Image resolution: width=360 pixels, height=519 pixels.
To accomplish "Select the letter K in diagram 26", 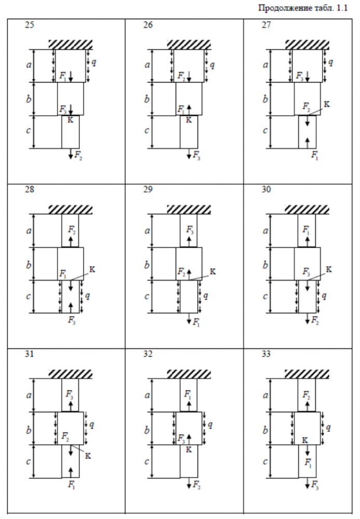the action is tap(189, 120).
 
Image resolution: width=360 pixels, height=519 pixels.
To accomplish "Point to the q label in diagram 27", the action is tap(331, 63).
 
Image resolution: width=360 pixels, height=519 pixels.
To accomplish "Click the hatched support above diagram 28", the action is tap(71, 209).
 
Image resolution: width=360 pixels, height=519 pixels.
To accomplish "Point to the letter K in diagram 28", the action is tap(92, 269).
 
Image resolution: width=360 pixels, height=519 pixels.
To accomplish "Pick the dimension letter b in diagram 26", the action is tap(147, 99).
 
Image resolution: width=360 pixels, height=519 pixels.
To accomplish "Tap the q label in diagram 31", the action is tap(92, 425).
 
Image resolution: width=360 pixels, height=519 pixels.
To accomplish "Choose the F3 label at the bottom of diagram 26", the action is tap(197, 155).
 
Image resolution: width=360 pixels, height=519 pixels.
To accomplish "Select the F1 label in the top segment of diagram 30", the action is tap(307, 228).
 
